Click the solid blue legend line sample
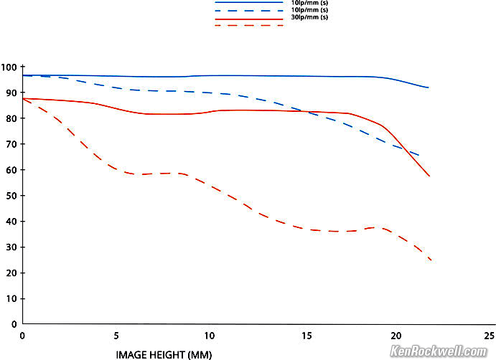click(x=249, y=3)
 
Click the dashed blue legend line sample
click(x=249, y=11)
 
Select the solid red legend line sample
click(x=249, y=19)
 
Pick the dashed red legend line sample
click(x=249, y=26)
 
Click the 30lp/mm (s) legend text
click(x=308, y=18)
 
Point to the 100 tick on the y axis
click(x=9, y=67)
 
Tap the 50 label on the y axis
click(x=11, y=196)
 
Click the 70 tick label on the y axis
click(x=11, y=144)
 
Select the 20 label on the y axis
click(x=11, y=273)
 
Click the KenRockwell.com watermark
click(x=440, y=351)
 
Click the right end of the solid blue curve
click(x=429, y=87)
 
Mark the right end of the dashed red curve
click(x=431, y=260)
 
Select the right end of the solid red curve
click(x=429, y=176)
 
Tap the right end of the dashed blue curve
click(x=418, y=156)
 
